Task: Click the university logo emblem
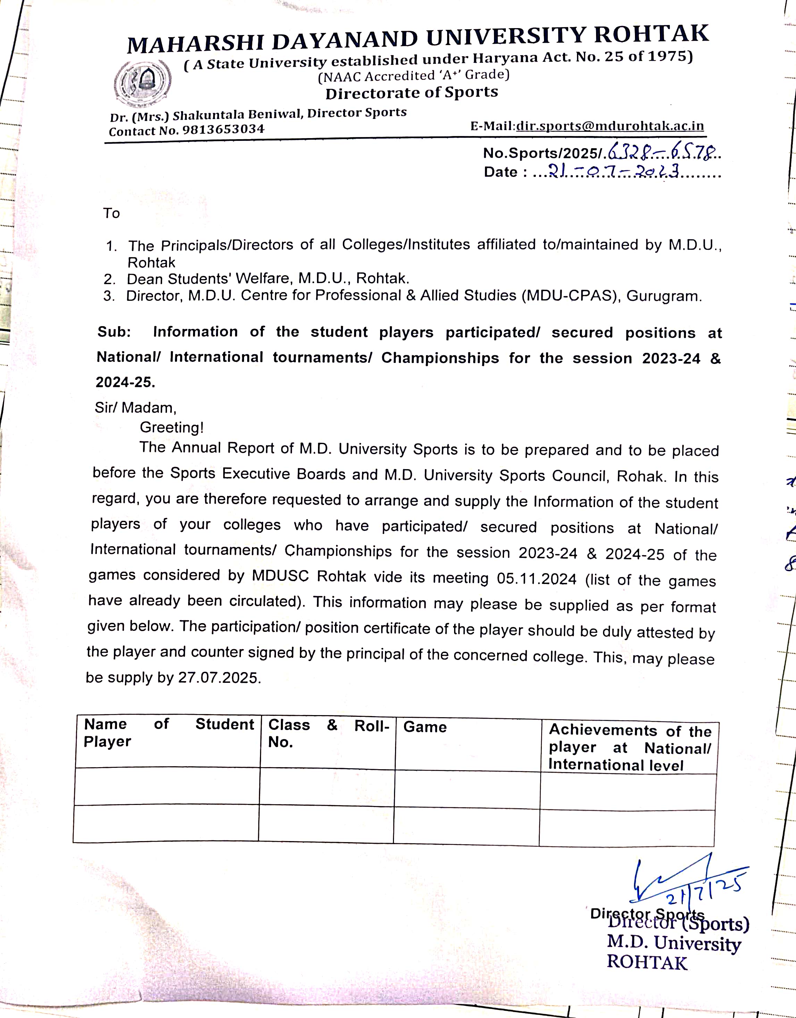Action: (x=142, y=83)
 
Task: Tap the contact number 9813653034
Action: (x=223, y=129)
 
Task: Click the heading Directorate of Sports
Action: (x=411, y=93)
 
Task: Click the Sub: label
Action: (x=114, y=332)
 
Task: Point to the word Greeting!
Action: (x=171, y=427)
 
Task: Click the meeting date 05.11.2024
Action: (x=536, y=579)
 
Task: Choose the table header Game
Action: (x=425, y=727)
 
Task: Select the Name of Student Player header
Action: (x=168, y=732)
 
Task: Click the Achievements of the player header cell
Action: (x=629, y=747)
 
